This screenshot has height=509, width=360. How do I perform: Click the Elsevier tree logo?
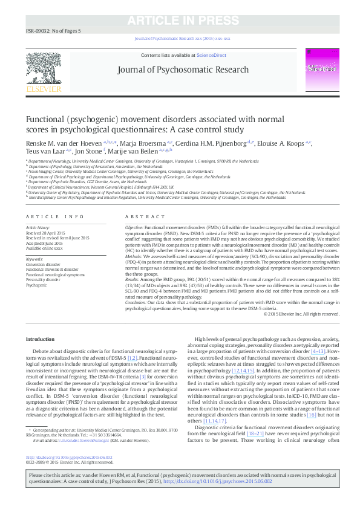(44, 70)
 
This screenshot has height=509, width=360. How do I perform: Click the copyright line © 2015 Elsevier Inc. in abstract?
(301, 314)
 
